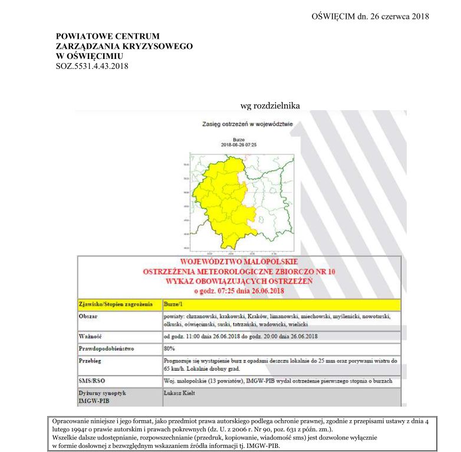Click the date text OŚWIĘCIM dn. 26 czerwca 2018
(370, 16)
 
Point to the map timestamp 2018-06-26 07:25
(239, 144)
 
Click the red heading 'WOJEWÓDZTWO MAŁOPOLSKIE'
(238, 262)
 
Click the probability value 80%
(170, 348)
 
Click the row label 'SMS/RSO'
(92, 381)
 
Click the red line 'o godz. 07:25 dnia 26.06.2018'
(239, 290)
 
